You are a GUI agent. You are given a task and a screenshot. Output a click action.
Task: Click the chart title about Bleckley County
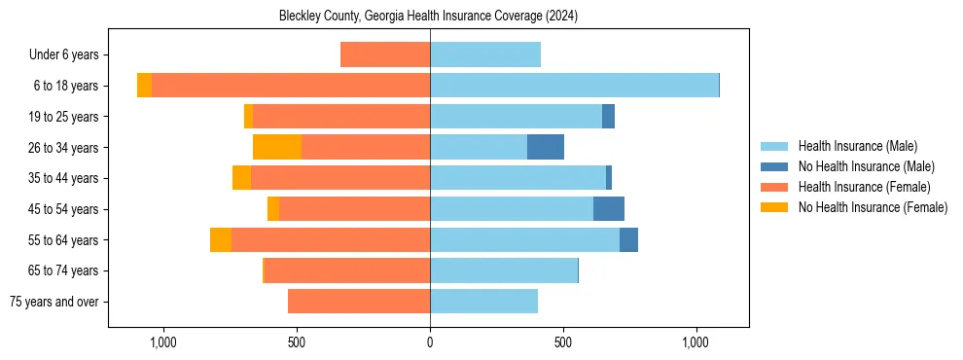[x=428, y=17]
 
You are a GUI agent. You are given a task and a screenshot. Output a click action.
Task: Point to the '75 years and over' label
[x=53, y=302]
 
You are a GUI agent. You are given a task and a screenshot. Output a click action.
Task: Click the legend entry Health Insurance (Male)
[x=857, y=146]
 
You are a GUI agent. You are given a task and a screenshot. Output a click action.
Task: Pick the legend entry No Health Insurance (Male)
[x=866, y=166]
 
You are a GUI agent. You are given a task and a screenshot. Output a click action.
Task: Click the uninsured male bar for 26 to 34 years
[x=546, y=147]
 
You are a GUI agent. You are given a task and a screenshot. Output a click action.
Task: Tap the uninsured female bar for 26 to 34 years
[x=277, y=147]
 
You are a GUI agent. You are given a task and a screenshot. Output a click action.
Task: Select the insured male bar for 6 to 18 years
[x=574, y=86]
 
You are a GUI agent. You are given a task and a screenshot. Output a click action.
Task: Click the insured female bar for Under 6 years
[x=385, y=54]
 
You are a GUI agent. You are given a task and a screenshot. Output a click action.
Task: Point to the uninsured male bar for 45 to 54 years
[x=609, y=209]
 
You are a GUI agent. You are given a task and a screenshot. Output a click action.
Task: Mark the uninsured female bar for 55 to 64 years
[x=221, y=239]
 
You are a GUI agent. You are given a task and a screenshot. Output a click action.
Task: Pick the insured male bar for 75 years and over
[x=483, y=302]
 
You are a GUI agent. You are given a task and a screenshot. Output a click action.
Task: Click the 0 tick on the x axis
[x=430, y=342]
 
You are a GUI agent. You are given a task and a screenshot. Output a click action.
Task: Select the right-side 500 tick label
[x=562, y=342]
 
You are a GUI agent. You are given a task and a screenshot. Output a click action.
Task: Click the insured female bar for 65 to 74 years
[x=347, y=270]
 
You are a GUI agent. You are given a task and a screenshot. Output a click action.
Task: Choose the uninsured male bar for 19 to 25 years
[x=608, y=117]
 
